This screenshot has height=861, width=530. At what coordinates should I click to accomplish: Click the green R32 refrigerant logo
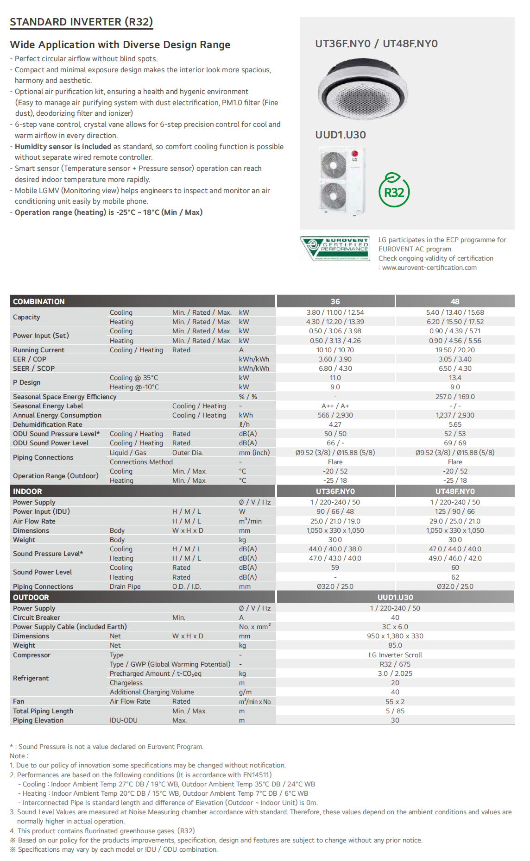(394, 191)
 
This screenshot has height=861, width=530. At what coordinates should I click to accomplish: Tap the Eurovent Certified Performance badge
(335, 249)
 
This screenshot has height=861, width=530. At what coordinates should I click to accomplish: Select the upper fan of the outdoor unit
(333, 164)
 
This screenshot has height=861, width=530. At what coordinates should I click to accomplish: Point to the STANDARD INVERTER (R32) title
(81, 22)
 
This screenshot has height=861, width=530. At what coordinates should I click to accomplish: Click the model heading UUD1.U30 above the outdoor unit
(341, 135)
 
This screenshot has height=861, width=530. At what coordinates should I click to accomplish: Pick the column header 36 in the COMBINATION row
(335, 301)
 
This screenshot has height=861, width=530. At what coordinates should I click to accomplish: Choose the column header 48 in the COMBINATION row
(455, 301)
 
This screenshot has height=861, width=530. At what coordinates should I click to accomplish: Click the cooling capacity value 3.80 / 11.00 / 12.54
(335, 312)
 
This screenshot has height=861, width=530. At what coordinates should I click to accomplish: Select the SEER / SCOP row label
(34, 368)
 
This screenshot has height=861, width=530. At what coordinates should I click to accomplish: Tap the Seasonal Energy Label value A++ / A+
(335, 406)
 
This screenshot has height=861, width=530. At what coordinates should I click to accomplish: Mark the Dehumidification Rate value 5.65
(455, 424)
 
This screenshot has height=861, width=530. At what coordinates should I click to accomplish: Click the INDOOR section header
(27, 491)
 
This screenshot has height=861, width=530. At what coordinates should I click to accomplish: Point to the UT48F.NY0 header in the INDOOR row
(455, 491)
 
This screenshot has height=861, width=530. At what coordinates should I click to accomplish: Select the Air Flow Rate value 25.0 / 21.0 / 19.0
(335, 521)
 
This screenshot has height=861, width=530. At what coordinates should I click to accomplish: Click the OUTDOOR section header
(31, 597)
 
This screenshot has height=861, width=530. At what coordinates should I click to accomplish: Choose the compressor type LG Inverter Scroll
(395, 655)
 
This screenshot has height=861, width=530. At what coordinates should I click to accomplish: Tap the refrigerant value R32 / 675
(395, 664)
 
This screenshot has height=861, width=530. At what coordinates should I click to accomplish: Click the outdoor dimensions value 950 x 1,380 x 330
(395, 636)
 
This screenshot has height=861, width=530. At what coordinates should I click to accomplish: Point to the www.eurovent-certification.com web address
(429, 268)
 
